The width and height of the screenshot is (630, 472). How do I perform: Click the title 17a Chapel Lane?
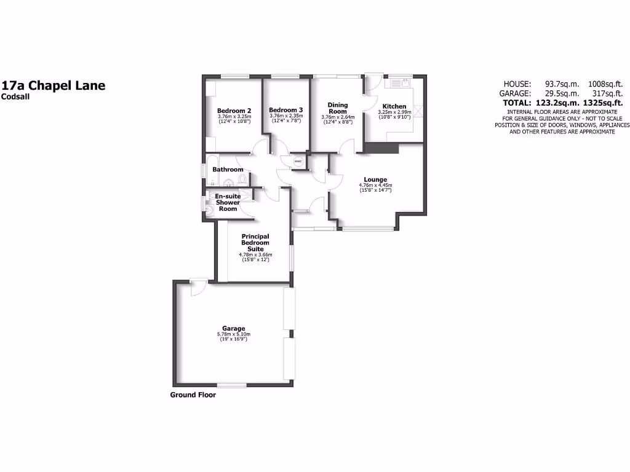54,85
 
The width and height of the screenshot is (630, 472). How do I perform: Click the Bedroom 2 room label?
234,111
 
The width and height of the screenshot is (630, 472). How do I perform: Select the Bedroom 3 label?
286,110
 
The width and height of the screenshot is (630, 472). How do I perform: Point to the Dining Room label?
337,108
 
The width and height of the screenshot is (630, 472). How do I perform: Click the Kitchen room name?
394,106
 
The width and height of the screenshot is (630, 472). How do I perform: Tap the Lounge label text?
375,179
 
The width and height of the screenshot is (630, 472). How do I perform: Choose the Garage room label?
234,328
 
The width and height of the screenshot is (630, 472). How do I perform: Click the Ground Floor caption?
193,395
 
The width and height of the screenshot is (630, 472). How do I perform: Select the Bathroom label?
228,170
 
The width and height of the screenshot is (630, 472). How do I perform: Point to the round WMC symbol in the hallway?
298,162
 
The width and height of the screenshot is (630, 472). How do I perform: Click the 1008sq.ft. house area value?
606,84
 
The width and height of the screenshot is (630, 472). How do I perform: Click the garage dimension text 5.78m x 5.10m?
234,334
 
